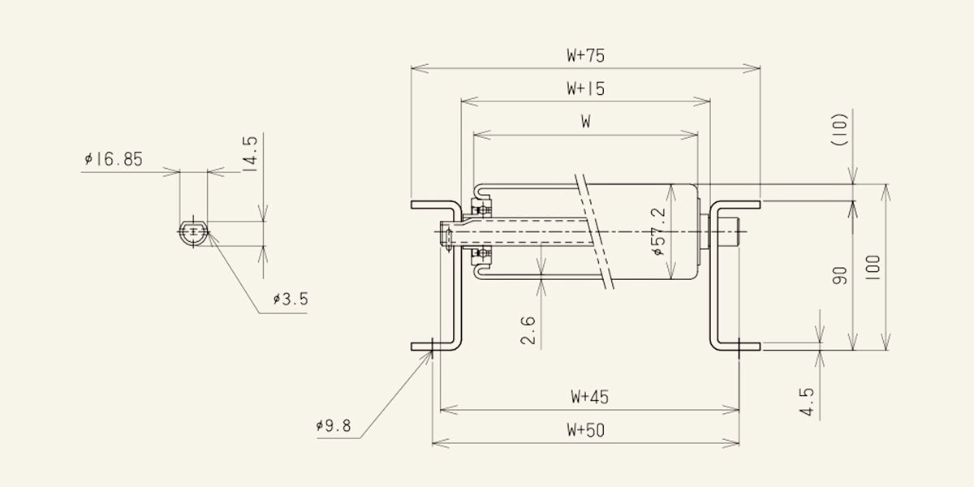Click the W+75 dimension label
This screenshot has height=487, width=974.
[586, 56]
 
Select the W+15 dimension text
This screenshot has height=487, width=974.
[586, 88]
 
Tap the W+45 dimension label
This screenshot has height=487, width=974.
[589, 397]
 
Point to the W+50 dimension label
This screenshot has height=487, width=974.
[586, 430]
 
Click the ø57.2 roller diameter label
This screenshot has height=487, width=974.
[659, 231]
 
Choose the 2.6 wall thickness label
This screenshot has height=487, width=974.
[528, 330]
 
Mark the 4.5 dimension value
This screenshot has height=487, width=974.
[807, 402]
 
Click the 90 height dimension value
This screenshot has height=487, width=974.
[839, 276]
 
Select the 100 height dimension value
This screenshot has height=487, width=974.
[873, 267]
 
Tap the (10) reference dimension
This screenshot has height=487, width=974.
[839, 130]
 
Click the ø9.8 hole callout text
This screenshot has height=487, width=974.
[334, 425]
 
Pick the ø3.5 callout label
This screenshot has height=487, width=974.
[291, 300]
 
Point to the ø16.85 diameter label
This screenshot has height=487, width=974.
[114, 160]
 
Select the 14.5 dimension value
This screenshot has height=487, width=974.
[250, 155]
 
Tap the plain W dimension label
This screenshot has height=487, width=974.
[586, 122]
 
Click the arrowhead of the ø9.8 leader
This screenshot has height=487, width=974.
[430, 352]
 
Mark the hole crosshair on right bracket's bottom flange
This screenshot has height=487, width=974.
[739, 347]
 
